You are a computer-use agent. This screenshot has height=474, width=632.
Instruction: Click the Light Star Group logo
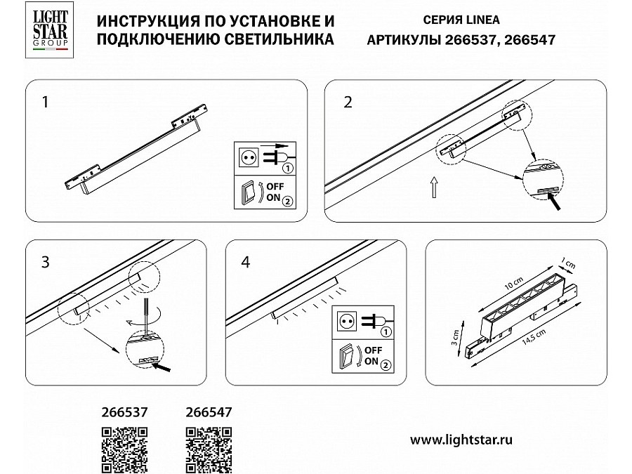coord(50,29)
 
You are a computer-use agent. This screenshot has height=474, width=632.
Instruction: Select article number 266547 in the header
coord(529,40)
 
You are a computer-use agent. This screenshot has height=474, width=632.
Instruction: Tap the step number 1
coord(45,102)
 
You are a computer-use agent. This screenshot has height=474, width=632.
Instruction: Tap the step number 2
coord(348,102)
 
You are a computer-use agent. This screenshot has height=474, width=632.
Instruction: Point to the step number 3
coord(45,262)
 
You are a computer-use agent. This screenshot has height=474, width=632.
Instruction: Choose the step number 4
coord(246,262)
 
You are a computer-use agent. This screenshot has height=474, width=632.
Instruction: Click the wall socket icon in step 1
coord(249,157)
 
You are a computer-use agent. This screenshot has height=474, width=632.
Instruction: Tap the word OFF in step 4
coord(373,350)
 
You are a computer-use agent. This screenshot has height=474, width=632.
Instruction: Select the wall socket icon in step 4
coord(347,322)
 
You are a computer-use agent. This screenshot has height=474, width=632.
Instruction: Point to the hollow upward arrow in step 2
coord(434,187)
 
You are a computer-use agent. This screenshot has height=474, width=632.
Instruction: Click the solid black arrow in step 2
coord(554,201)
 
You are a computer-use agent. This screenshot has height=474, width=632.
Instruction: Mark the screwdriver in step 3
coord(146,315)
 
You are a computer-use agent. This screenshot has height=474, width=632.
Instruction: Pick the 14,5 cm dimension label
coord(534,337)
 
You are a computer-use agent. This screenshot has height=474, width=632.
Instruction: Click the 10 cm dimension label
coord(514,284)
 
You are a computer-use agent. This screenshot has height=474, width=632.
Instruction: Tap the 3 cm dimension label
coord(455,338)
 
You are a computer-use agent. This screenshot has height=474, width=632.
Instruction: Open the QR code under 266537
coord(124,450)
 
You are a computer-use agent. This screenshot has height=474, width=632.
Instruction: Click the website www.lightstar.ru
coord(461,440)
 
